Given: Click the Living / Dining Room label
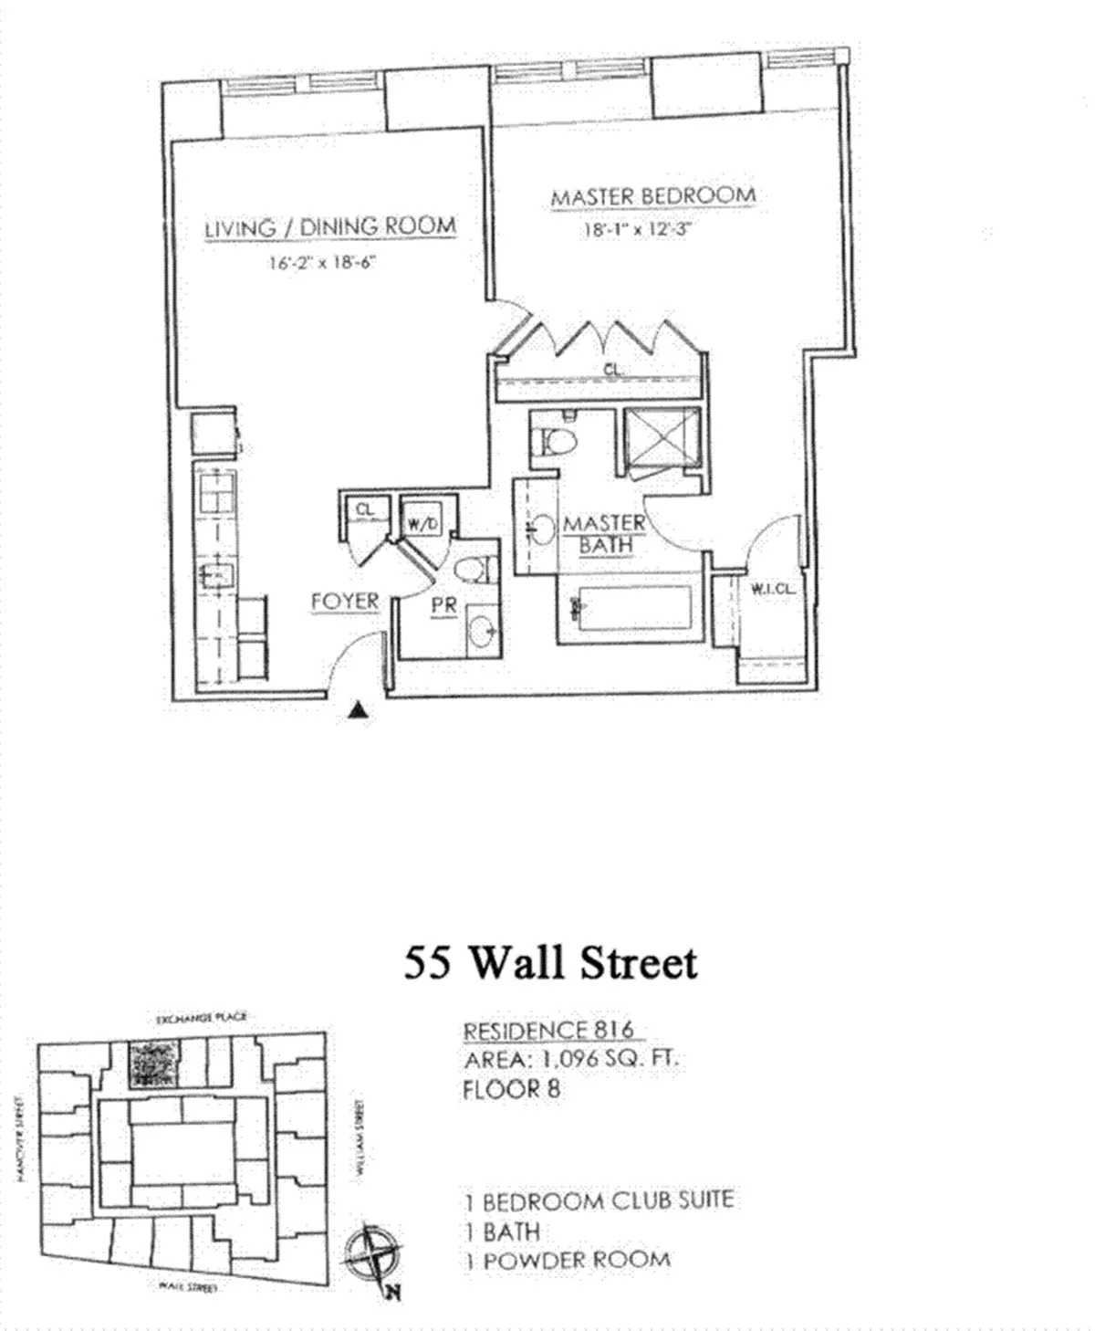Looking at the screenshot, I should click(329, 227).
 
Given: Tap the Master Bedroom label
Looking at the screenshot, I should click(652, 196).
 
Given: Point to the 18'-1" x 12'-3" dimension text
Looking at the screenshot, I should click(639, 230).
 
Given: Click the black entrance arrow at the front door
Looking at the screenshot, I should click(360, 712).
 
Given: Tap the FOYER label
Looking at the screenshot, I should click(345, 602).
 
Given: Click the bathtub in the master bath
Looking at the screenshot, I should click(630, 609).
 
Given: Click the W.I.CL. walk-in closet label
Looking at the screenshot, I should click(772, 590).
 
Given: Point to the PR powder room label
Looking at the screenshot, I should click(443, 605).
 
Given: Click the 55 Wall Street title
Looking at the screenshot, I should click(550, 962).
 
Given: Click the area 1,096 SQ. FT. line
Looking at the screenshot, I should click(571, 1060).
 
